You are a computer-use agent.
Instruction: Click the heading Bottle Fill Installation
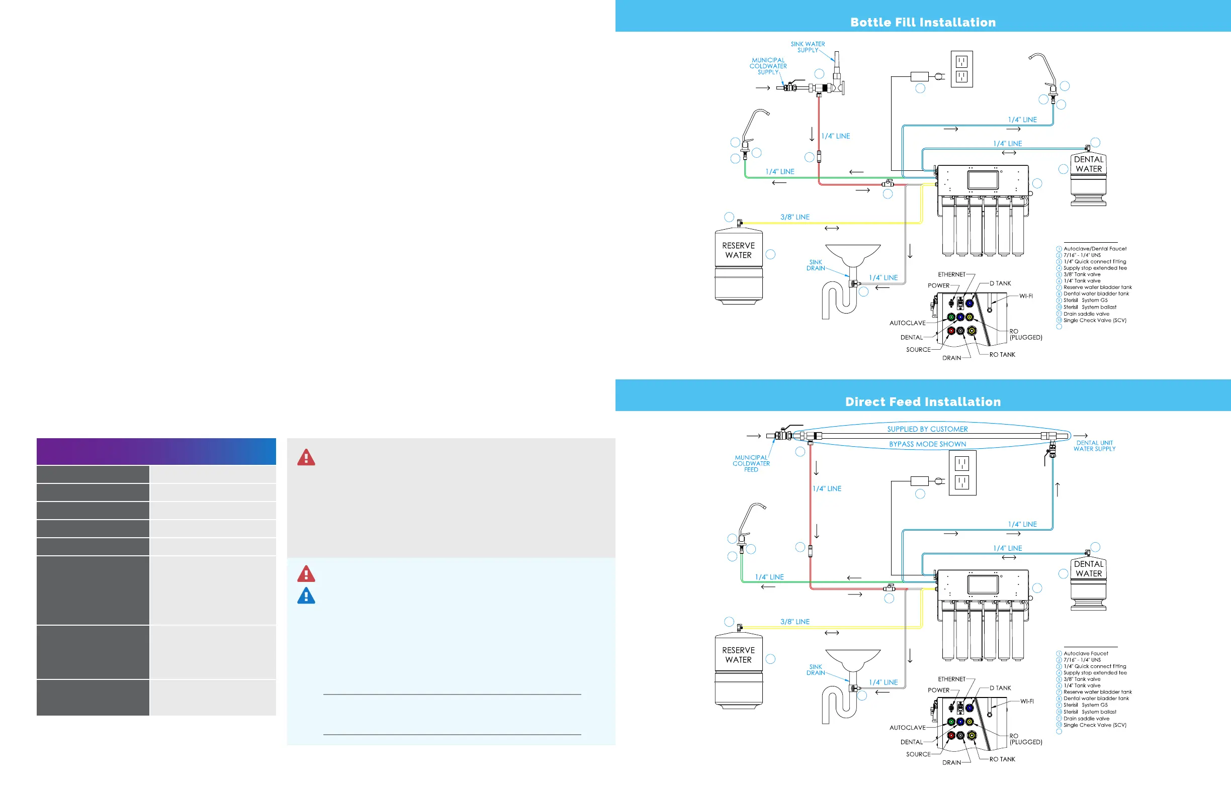(923, 22)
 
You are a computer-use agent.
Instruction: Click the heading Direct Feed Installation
(923, 402)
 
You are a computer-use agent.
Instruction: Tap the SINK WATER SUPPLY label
(808, 47)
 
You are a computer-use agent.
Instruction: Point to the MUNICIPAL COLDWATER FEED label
(751, 464)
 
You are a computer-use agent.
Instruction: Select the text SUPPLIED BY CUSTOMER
(927, 429)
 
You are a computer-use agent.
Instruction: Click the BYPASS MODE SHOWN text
(927, 444)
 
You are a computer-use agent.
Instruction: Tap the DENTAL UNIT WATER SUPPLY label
(1094, 446)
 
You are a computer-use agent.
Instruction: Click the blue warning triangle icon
(306, 596)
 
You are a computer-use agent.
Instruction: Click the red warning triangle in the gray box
(306, 457)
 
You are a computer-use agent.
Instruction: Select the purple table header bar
(156, 451)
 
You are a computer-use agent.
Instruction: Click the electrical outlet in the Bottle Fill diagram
(961, 69)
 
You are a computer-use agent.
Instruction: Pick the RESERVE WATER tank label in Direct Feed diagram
(738, 655)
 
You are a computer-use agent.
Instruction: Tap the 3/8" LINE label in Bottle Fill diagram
(795, 217)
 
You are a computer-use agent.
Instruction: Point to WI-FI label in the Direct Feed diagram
(1027, 702)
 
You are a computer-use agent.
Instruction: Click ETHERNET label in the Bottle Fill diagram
(952, 274)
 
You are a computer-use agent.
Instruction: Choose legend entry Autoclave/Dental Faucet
(1094, 249)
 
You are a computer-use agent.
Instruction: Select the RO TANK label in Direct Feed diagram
(1002, 759)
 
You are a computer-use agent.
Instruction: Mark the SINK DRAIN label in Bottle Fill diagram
(816, 265)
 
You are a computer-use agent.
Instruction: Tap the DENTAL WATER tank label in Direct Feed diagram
(1089, 568)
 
